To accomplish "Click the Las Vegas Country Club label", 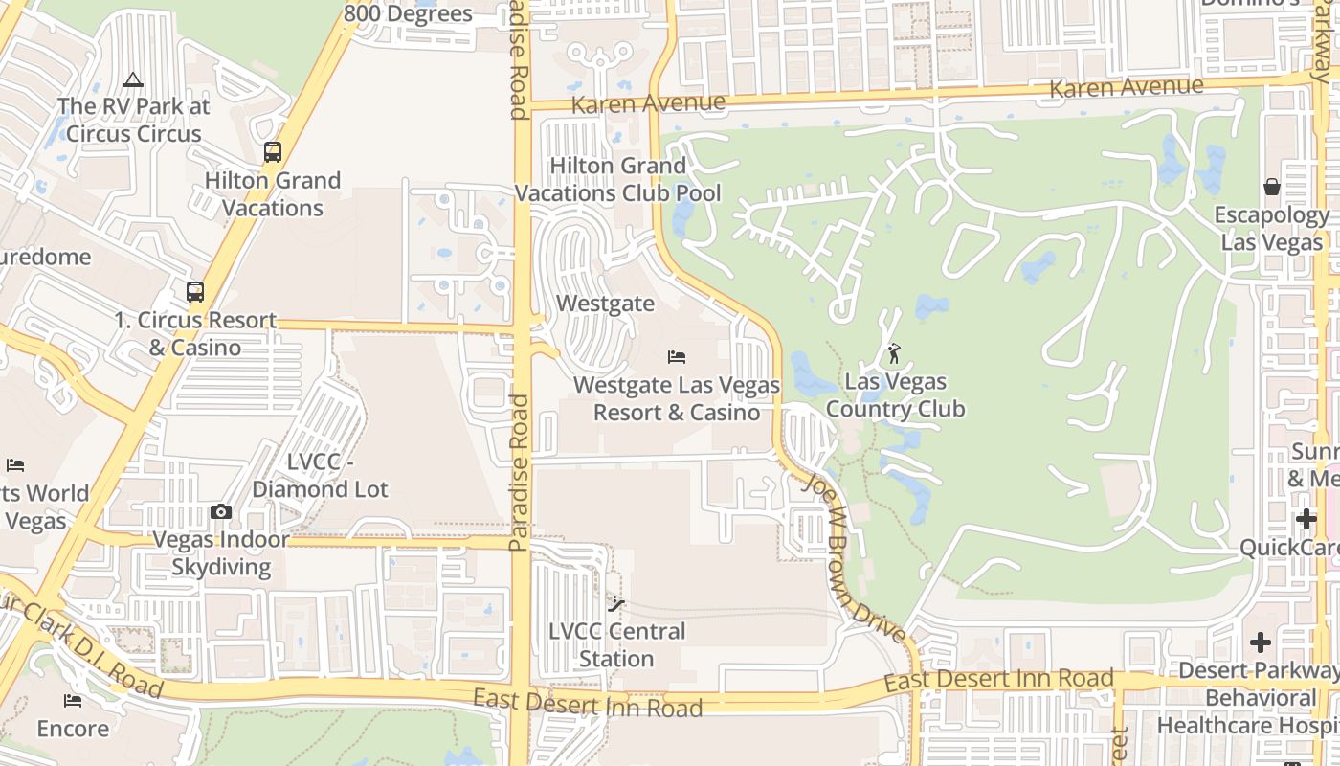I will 895,395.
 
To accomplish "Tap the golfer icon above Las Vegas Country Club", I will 894,353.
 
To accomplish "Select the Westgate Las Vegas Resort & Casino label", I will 677,398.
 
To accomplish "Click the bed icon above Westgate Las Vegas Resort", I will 677,357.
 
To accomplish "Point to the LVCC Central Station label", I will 616,644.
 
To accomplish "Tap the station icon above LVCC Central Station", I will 616,603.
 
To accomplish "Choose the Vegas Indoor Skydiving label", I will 221,552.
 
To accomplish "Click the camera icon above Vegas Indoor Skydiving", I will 221,512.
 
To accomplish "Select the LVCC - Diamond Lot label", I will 320,475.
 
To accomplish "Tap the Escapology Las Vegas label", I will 1271,228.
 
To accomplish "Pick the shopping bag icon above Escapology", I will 1271,187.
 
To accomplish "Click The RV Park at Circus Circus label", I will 132,120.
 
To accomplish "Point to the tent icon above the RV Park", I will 132,79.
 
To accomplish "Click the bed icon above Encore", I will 73,700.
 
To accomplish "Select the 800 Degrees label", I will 408,13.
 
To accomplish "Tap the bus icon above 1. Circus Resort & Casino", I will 195,292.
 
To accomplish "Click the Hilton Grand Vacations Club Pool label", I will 618,179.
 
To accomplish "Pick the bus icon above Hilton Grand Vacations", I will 273,152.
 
